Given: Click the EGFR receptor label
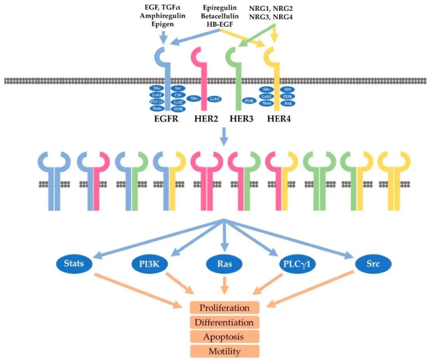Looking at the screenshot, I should click(165, 118).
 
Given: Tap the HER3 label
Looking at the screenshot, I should click(243, 118).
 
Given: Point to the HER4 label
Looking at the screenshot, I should click(278, 118).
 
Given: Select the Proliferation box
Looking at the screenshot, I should click(224, 308).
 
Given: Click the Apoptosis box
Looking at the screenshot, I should click(224, 337).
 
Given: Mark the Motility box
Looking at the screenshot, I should click(224, 351).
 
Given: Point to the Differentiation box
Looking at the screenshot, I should click(224, 322).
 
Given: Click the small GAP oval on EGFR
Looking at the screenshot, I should click(178, 102).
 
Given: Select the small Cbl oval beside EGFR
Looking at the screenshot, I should click(178, 95).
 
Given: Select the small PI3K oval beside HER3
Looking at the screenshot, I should click(249, 101).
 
